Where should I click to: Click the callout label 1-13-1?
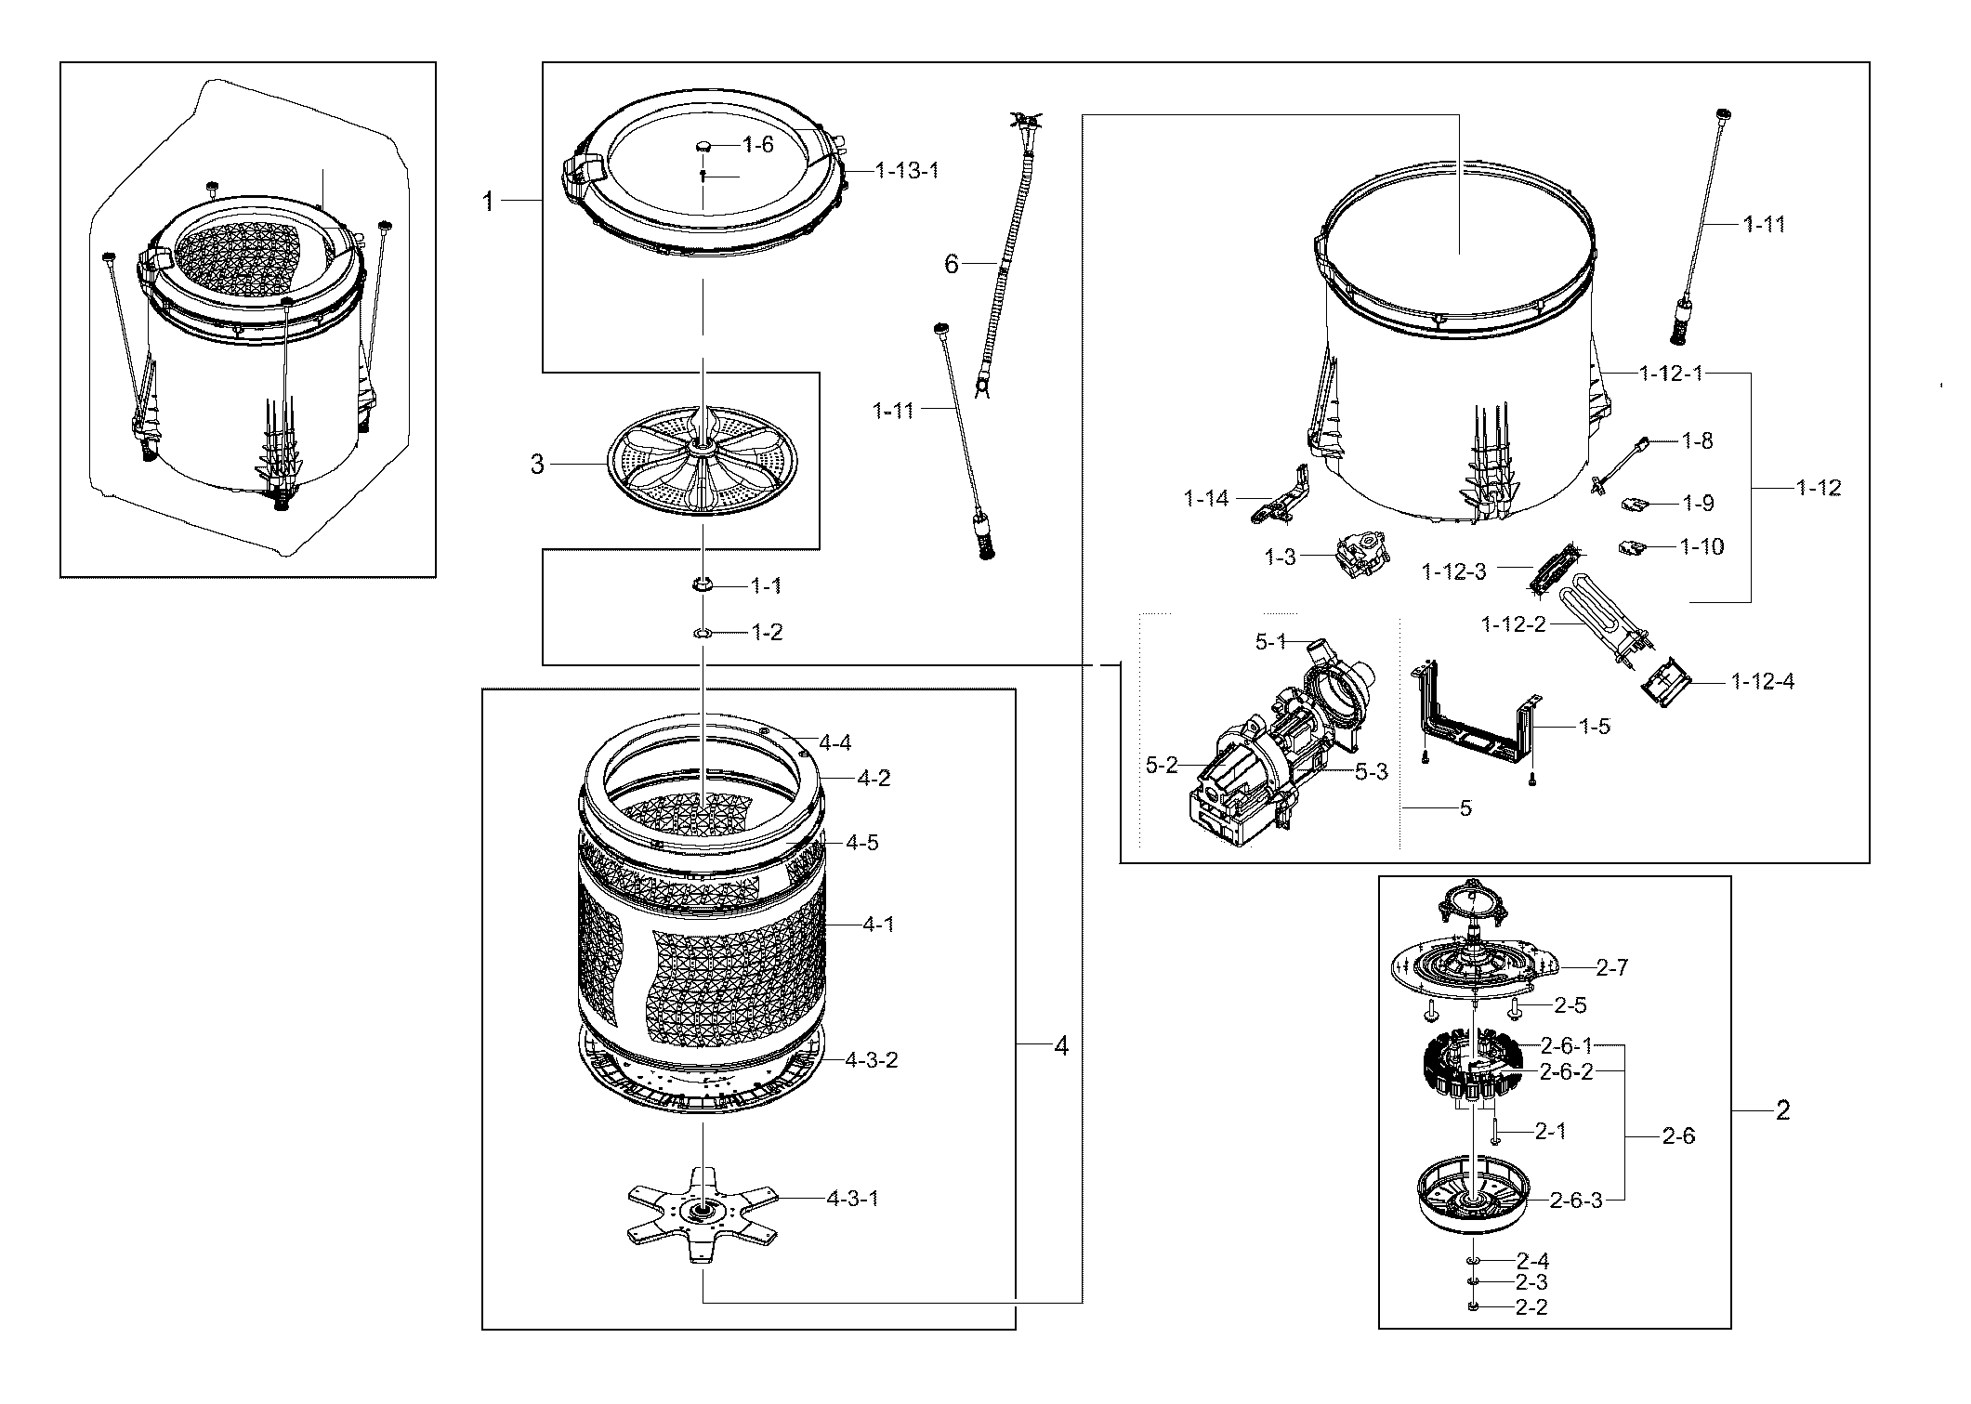click(906, 171)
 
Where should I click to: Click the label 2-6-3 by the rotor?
click(1576, 1200)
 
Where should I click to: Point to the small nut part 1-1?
click(703, 584)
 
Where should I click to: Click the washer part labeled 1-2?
click(703, 633)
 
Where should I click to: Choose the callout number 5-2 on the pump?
click(1161, 765)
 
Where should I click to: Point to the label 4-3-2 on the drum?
click(871, 1059)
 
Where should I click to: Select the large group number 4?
click(1061, 1046)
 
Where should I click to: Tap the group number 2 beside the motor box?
click(1781, 1109)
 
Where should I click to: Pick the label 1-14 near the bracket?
click(1205, 499)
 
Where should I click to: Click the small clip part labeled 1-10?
click(1633, 547)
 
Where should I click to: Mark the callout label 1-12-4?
click(1762, 682)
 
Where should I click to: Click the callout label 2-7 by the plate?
click(1611, 967)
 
